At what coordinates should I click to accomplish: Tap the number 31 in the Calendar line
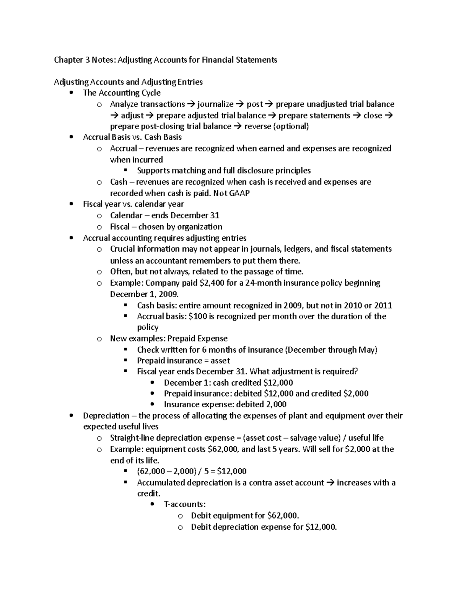coord(215,215)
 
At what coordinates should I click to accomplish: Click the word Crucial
coord(122,249)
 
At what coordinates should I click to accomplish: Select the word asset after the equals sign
coord(220,361)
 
